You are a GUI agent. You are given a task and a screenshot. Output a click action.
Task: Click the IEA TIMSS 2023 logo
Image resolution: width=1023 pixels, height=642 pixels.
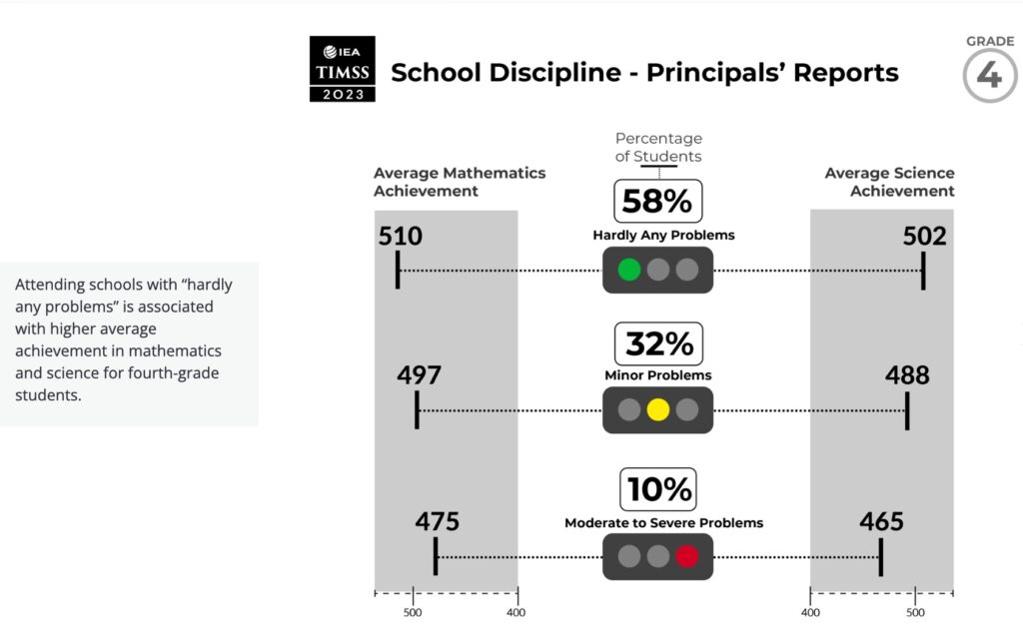(x=343, y=69)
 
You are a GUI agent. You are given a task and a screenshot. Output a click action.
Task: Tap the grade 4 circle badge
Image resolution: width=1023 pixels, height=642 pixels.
(x=989, y=76)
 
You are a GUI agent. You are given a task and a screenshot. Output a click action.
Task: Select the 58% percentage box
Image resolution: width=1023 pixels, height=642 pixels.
(x=656, y=201)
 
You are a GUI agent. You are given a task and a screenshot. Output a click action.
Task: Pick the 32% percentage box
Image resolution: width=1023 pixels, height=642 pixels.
(x=658, y=343)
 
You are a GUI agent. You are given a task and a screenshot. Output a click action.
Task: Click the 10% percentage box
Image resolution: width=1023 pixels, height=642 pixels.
(x=658, y=489)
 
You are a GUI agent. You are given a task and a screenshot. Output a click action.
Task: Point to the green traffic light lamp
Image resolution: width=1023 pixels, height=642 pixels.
(x=629, y=270)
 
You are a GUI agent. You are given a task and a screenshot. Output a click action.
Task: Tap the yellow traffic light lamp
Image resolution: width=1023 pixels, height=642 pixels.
(x=657, y=409)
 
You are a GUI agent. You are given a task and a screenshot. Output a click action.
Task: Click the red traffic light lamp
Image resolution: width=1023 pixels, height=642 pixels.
(x=686, y=556)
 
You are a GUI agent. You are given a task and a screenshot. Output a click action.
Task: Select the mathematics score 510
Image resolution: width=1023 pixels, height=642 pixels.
(x=401, y=237)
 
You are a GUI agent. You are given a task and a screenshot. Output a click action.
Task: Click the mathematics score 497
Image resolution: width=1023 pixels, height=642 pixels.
(x=419, y=375)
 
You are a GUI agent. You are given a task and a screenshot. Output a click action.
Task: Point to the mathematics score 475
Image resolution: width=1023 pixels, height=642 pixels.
(x=438, y=521)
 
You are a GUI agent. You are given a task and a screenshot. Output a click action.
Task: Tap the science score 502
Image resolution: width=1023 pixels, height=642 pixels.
(x=924, y=237)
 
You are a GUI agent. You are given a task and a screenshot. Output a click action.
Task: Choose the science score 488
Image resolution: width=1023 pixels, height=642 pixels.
(x=907, y=375)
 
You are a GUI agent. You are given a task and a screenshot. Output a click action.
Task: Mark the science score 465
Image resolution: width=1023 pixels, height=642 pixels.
(x=881, y=521)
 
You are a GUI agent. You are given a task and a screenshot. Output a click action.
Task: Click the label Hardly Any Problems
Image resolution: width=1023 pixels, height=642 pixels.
(x=663, y=236)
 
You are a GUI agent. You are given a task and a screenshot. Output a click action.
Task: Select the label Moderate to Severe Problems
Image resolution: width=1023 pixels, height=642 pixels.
(x=663, y=522)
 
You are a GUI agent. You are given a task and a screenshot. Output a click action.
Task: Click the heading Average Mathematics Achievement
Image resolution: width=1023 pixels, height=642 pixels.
(x=460, y=182)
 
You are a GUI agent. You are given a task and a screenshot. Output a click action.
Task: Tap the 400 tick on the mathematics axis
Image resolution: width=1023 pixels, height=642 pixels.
(x=516, y=612)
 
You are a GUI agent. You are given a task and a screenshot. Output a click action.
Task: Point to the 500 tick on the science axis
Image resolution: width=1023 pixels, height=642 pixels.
(x=915, y=612)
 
